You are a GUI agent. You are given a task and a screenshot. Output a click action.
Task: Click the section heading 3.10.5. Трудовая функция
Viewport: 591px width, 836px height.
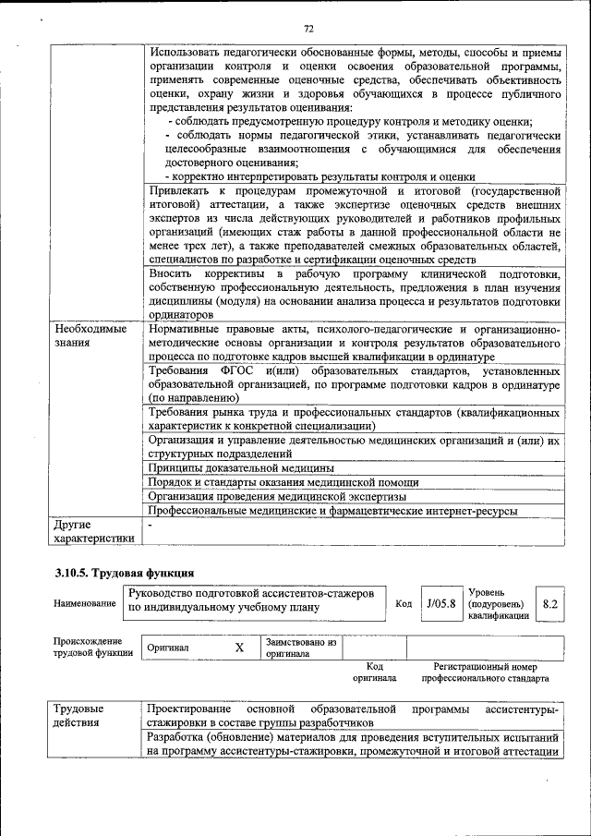tap(124, 574)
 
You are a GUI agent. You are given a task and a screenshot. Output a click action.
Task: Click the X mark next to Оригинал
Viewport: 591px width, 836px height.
tap(239, 648)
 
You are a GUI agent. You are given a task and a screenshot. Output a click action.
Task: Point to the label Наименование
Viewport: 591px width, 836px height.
tap(85, 603)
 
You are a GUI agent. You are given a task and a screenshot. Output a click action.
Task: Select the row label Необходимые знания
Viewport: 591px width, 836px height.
tap(90, 335)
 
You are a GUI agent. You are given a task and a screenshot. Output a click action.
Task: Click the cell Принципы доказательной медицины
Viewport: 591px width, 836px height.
tap(230, 468)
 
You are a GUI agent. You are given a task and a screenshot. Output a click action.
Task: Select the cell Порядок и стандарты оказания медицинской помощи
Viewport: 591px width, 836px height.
tap(283, 482)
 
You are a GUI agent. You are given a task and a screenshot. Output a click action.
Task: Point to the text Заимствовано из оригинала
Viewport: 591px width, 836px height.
tap(300, 648)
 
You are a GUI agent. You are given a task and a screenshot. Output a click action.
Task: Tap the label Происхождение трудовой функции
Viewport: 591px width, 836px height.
tap(92, 648)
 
